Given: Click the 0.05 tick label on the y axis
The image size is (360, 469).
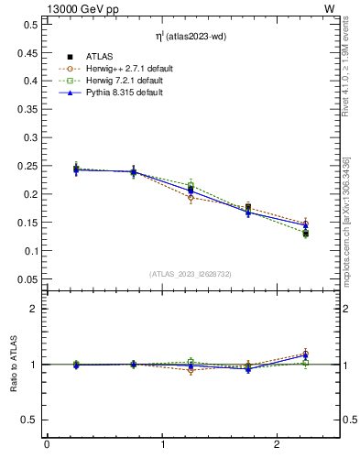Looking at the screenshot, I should coord(30,279).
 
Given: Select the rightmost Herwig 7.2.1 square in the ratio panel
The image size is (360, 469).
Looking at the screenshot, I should coord(306,364).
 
